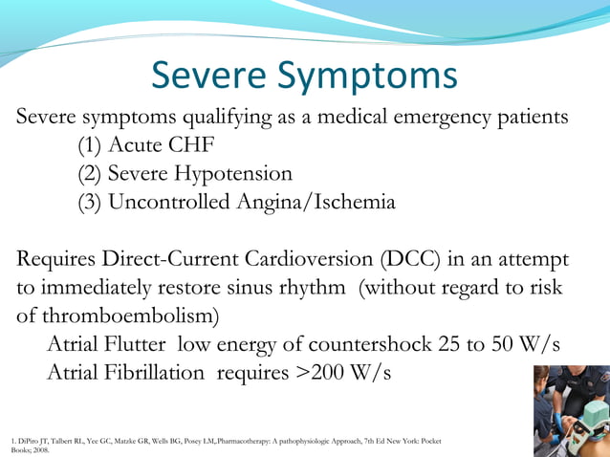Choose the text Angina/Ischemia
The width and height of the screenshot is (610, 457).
pos(313,203)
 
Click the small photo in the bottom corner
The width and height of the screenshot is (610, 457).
pos(571,411)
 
